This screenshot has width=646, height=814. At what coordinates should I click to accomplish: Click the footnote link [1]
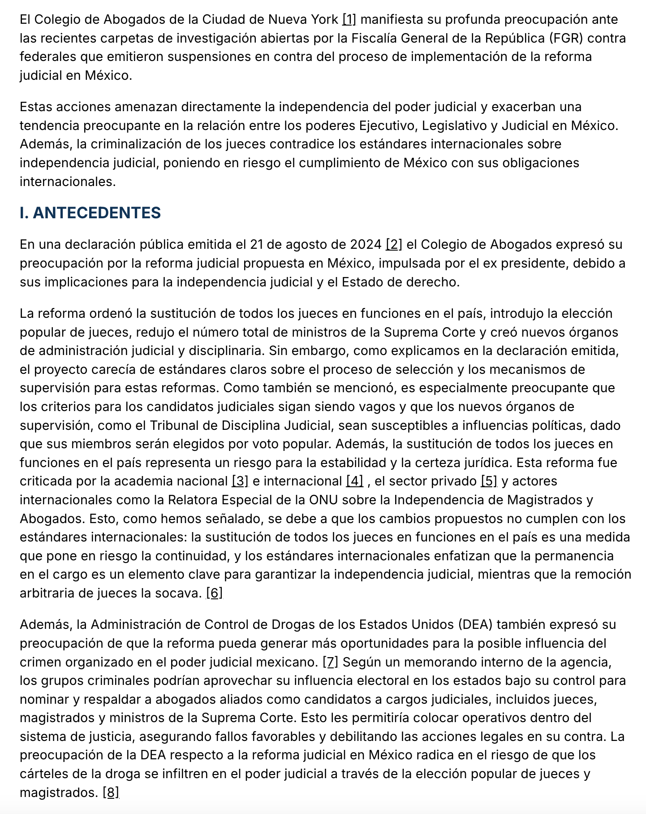coord(349,20)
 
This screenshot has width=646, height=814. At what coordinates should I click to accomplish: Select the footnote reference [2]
coord(394,244)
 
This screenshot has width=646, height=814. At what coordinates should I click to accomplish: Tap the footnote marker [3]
coord(240,481)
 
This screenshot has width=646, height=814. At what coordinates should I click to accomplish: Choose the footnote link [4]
coord(355,481)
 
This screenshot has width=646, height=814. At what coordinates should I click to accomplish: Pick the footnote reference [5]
coord(489,481)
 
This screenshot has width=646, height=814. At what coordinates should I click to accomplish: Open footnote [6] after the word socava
coord(214,593)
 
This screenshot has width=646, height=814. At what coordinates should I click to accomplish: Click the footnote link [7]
coord(331,662)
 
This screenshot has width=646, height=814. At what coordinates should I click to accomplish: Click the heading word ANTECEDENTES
coord(97,213)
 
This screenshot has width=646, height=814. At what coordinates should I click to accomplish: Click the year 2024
coord(366,244)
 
